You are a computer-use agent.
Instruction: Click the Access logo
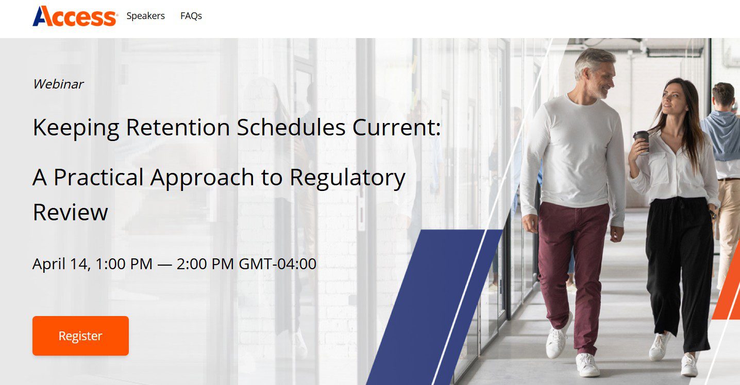75,16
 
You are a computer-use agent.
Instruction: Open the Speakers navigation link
145,16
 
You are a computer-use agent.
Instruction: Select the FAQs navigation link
191,16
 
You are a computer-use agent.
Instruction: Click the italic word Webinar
58,84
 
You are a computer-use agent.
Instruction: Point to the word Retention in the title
178,127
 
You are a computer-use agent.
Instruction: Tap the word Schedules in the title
291,127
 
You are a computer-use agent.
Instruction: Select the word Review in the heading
71,212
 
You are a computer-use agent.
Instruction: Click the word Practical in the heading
98,178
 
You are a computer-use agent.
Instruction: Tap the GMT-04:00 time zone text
277,264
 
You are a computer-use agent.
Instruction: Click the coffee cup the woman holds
642,142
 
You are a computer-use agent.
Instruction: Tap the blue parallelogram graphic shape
434,307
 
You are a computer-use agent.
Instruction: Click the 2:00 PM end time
205,264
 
